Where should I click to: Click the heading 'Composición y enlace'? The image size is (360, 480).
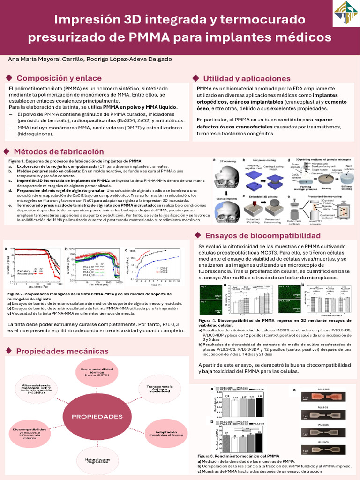(59, 78)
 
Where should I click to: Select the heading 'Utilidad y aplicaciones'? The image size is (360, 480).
(247, 79)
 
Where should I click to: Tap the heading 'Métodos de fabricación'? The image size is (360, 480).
(59, 152)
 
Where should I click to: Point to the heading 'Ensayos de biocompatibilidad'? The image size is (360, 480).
(263, 235)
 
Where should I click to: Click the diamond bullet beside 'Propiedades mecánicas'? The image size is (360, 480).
(8, 351)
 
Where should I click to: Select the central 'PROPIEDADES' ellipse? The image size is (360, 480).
(97, 416)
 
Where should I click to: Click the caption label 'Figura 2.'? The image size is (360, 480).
(17, 294)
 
